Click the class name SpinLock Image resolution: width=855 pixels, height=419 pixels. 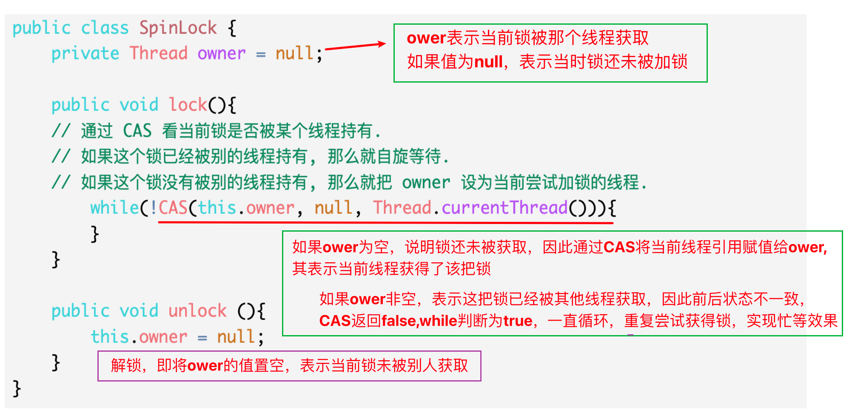(x=178, y=28)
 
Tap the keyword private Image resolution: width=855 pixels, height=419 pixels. (x=85, y=54)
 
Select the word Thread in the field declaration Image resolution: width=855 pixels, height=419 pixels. (x=158, y=54)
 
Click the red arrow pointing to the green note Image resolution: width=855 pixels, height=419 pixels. (x=355, y=46)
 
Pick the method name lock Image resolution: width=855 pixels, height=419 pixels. (x=188, y=105)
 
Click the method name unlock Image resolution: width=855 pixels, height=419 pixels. (x=197, y=311)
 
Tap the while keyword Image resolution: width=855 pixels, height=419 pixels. (x=114, y=208)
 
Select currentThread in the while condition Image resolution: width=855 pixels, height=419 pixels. (x=504, y=208)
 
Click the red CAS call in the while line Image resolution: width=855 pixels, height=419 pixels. (x=173, y=208)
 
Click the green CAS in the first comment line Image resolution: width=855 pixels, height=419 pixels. (x=137, y=131)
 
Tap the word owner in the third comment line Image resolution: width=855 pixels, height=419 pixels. (x=426, y=183)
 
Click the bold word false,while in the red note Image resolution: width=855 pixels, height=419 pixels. (x=419, y=321)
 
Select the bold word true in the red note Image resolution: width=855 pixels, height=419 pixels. (x=518, y=321)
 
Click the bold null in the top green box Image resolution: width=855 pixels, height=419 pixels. (x=488, y=62)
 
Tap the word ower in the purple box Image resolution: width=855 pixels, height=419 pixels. (x=205, y=366)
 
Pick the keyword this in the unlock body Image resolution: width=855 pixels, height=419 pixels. (x=110, y=337)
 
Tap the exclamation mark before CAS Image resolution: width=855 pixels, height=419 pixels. (x=153, y=208)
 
